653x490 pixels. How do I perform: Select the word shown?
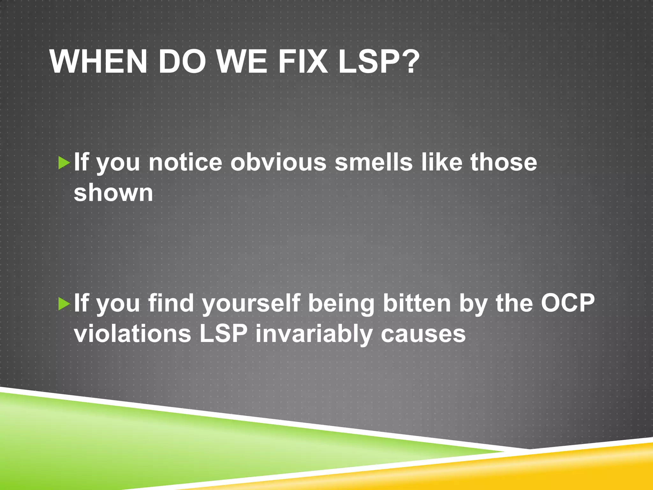[x=114, y=193]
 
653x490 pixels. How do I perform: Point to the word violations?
[x=132, y=334]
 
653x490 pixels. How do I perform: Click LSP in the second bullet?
[x=224, y=334]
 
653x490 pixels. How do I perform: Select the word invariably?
[x=314, y=334]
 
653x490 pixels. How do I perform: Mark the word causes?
[x=423, y=334]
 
